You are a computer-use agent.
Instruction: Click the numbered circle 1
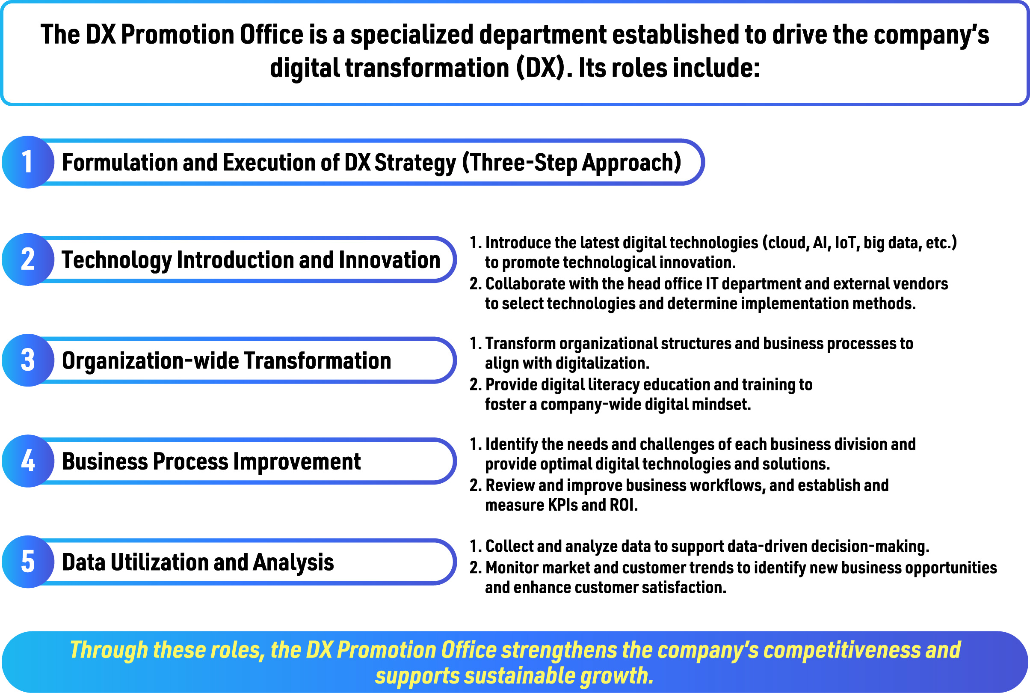pos(28,162)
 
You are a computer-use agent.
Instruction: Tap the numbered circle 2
pos(28,259)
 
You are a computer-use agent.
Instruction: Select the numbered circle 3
pos(28,360)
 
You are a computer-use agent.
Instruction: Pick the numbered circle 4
pos(28,461)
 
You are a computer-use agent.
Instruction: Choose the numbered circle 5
pos(28,562)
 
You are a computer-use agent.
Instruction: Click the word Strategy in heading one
pos(415,164)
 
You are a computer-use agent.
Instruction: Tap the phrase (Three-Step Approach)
pos(572,163)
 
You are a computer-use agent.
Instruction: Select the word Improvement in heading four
pos(297,462)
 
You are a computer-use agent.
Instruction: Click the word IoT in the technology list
pos(846,243)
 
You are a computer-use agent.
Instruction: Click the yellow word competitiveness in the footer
pos(842,651)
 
